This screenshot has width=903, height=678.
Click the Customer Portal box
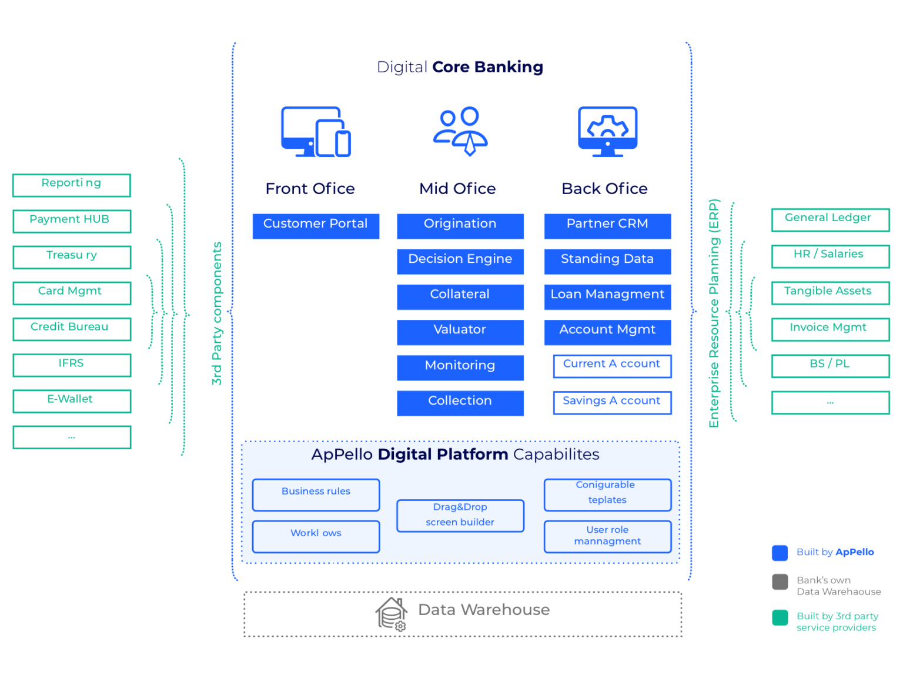316,226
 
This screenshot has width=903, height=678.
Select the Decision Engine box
460,261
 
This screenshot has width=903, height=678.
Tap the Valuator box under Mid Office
460,332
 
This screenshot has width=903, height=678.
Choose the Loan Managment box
607,296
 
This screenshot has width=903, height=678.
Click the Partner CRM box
607,226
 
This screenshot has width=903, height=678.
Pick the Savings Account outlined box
612,402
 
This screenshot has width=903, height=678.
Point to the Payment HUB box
72,221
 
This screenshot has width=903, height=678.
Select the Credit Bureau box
72,329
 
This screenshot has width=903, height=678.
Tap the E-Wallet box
72,401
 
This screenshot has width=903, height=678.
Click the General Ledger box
830,219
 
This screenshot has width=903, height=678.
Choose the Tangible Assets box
830,292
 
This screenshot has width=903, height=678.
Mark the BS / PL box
830,365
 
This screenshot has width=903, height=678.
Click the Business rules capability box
316,495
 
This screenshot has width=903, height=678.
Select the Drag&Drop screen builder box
460,515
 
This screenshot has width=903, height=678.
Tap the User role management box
607,536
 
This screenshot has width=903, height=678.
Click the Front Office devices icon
315,132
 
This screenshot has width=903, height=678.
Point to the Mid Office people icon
460,131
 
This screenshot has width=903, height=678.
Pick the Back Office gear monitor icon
608,131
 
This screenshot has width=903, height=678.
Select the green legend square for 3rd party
780,617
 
